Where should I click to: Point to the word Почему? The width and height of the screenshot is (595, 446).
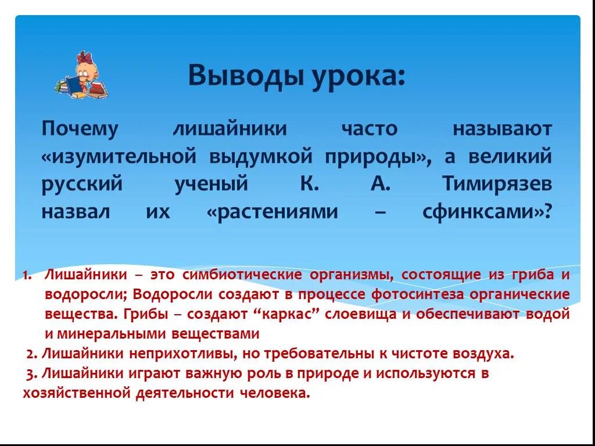tap(80, 129)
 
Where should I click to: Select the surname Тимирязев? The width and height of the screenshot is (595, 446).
tap(497, 184)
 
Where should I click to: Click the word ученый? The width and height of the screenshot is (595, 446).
tap(212, 184)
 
